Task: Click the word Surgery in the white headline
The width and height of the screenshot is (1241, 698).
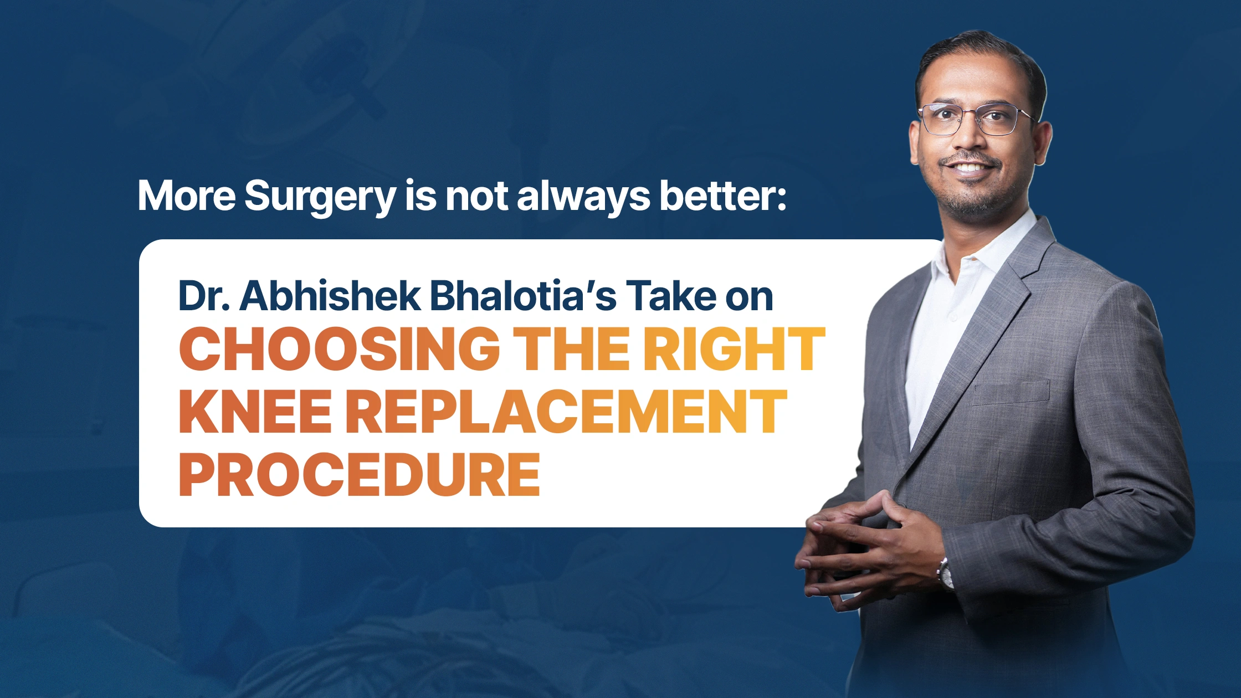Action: [x=320, y=197]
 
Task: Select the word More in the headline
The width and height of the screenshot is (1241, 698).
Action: [x=187, y=196]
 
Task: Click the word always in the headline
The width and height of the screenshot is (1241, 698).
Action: [x=583, y=197]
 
